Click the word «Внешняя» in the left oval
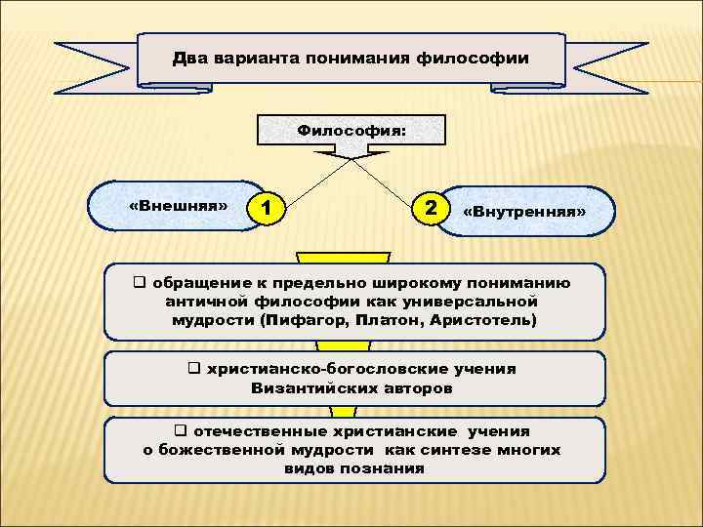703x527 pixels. point(178,206)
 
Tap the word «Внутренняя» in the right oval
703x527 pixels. point(524,211)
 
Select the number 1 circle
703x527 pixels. point(267,208)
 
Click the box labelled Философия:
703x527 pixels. point(351,128)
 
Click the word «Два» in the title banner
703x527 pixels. point(189,59)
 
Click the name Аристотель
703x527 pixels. point(480,320)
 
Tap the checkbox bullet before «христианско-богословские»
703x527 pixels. point(192,369)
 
